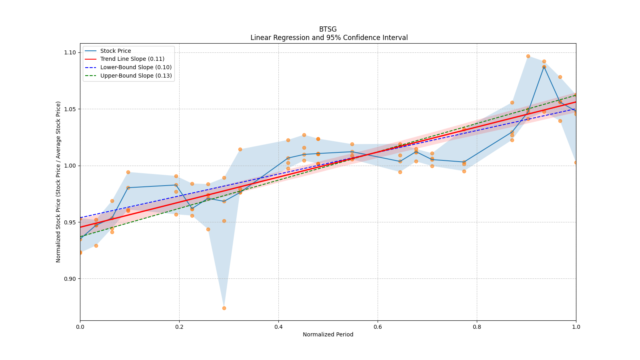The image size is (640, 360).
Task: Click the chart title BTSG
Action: coord(328,29)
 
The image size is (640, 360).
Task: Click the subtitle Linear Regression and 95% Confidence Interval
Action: coord(329,38)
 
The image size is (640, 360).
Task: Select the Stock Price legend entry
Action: coord(116,51)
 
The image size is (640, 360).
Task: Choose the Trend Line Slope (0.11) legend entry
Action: coord(132,59)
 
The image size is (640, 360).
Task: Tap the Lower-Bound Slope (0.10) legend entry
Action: coord(136,67)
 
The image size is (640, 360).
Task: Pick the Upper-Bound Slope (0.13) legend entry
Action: coord(136,76)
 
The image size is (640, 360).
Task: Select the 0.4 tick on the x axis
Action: coord(278,327)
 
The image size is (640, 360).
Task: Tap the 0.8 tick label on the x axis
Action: coord(477,327)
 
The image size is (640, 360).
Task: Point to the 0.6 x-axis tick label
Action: coord(378,327)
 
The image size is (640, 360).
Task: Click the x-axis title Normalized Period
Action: coord(328,334)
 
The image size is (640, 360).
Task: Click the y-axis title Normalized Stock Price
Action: coord(58,182)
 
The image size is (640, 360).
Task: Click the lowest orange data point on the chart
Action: coord(224,308)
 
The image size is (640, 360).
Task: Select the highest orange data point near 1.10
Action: coord(528,56)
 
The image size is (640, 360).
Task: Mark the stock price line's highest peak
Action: coord(544,67)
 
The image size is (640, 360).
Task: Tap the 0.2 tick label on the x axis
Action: coord(179,327)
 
